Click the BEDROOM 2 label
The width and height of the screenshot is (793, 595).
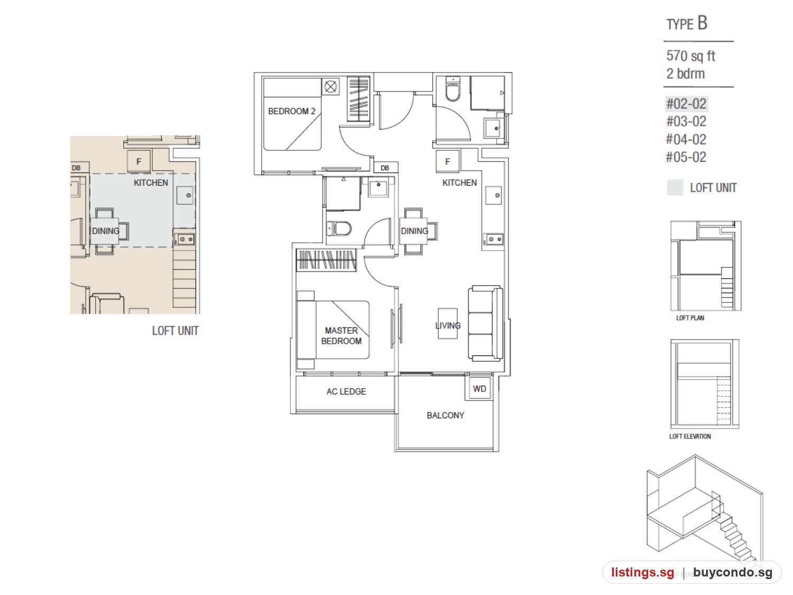[x=291, y=111]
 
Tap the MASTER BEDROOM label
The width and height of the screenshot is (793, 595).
[x=341, y=336]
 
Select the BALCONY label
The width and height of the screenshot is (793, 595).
[x=445, y=416]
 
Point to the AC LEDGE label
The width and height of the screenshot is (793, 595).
[x=346, y=391]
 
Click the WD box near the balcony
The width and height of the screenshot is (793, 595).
[x=480, y=389]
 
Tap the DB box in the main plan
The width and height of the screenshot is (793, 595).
[x=385, y=168]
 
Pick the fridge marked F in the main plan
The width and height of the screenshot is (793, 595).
[x=448, y=161]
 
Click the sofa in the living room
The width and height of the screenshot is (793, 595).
[x=485, y=323]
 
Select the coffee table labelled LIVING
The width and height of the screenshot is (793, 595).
[x=448, y=323]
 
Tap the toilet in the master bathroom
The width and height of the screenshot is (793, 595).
[x=339, y=228]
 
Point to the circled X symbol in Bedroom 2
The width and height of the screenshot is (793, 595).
[x=330, y=87]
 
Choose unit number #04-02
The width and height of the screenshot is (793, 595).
[x=686, y=139]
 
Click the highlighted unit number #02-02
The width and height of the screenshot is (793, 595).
[x=686, y=104]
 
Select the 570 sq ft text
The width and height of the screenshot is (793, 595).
[x=690, y=56]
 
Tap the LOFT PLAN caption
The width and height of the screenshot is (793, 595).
[x=690, y=318]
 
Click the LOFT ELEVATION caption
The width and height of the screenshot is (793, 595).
[x=690, y=436]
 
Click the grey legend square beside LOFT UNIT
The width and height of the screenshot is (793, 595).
[x=675, y=188]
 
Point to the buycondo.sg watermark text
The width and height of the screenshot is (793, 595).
[x=732, y=572]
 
